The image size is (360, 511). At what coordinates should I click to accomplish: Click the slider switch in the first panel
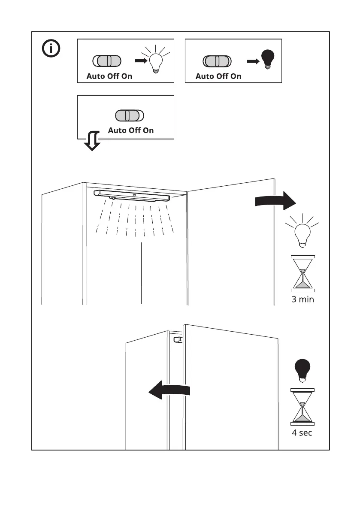[x=106, y=61]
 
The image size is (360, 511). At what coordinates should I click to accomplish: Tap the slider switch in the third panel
[x=130, y=116]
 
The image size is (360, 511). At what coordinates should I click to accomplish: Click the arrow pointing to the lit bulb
[x=141, y=61]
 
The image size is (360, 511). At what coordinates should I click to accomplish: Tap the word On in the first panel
[x=127, y=76]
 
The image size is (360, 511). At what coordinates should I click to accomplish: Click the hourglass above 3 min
[x=303, y=273]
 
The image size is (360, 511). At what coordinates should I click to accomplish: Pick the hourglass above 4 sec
[x=303, y=406]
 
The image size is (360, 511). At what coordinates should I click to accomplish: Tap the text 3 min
[x=303, y=299]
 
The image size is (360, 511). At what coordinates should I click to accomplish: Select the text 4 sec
[x=303, y=432]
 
